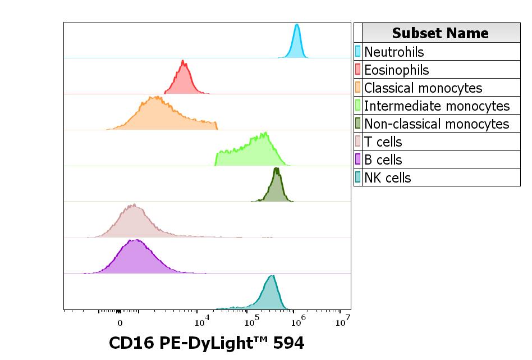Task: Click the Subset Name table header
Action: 440,33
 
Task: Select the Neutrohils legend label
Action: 394,52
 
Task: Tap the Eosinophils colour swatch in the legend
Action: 358,70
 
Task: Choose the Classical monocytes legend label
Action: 423,88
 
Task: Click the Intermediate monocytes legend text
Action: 437,106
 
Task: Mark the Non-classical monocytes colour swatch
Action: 358,124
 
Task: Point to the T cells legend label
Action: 383,142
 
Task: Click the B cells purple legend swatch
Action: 358,160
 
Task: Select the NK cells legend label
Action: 387,177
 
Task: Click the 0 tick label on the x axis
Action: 120,323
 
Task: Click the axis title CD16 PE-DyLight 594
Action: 207,343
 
